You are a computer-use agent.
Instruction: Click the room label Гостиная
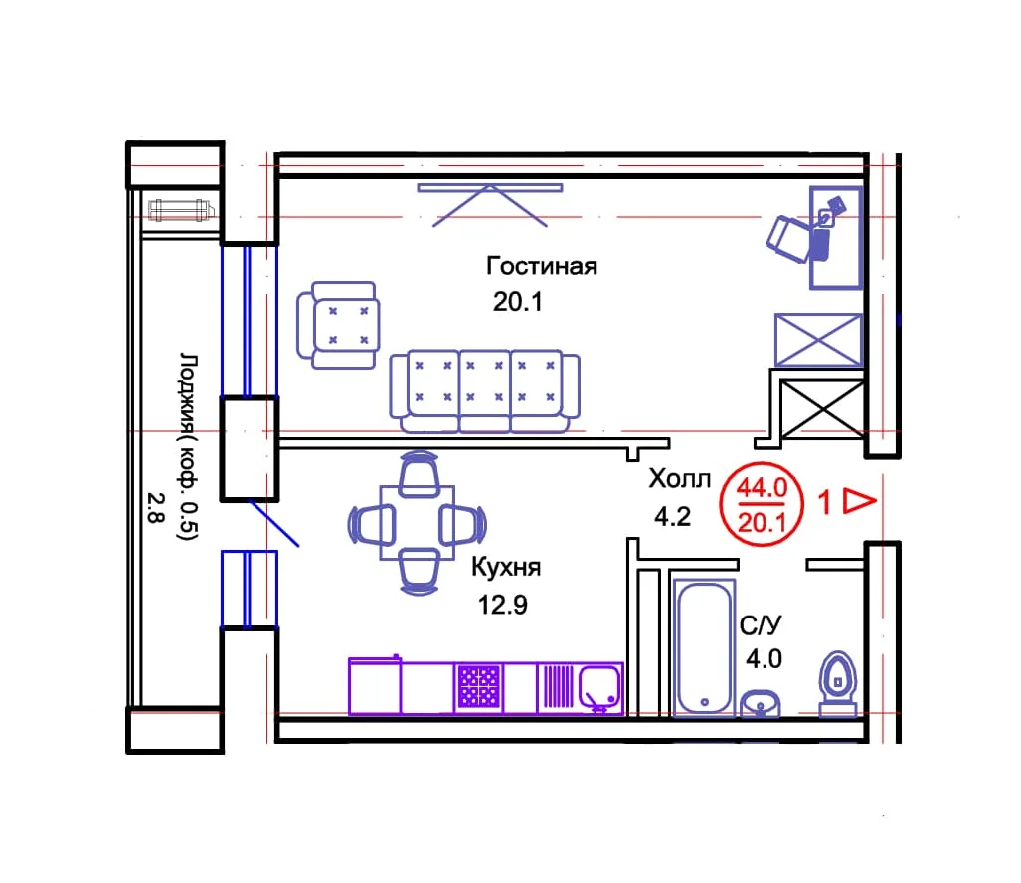(x=542, y=266)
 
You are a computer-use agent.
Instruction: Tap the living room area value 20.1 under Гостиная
(x=518, y=302)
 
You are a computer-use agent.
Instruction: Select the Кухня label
(x=506, y=567)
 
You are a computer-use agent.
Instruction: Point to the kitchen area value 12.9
(x=503, y=605)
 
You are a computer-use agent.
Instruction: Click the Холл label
(x=680, y=479)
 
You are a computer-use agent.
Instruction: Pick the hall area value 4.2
(x=673, y=516)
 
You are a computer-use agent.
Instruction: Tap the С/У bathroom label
(x=760, y=625)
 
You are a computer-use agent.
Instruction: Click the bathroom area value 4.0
(x=764, y=659)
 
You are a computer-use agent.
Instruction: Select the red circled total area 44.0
(x=762, y=487)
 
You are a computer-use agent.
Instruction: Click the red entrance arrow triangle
(x=859, y=501)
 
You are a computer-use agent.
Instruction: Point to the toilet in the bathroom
(x=837, y=683)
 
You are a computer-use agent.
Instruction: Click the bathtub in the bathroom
(x=704, y=648)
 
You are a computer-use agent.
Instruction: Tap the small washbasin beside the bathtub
(x=761, y=703)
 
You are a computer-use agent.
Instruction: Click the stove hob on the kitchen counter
(x=478, y=686)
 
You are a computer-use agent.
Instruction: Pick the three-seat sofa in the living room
(x=484, y=391)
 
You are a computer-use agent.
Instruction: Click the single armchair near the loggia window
(x=339, y=325)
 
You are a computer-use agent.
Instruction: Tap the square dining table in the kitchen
(x=418, y=522)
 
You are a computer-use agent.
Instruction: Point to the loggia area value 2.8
(x=155, y=508)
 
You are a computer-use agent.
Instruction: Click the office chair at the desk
(x=789, y=239)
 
